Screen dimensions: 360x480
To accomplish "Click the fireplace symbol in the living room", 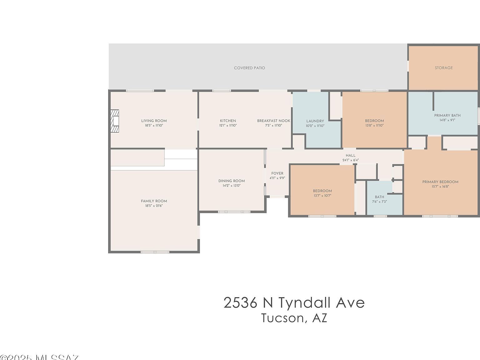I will [115, 121].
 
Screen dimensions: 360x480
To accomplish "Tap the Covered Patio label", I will [249, 68].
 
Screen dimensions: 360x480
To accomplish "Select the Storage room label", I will [443, 68].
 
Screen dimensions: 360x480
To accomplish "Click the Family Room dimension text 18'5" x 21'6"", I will [154, 206].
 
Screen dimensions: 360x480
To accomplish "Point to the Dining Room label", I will [232, 181].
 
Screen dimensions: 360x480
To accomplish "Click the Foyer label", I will [277, 173].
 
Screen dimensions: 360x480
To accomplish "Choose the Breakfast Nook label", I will [273, 121].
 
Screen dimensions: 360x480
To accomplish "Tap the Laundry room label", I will [315, 121].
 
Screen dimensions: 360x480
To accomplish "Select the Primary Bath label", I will [447, 116].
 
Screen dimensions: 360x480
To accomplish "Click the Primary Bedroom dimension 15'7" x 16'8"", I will [440, 187].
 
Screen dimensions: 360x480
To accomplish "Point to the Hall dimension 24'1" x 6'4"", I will [350, 160].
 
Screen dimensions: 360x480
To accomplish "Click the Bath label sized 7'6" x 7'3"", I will [379, 197].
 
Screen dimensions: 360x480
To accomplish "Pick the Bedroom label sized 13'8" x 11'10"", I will [374, 121].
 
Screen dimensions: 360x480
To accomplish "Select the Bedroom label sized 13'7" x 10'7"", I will [322, 191].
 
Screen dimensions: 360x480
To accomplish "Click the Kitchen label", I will [228, 121].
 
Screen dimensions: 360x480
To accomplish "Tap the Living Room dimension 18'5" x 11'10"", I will [154, 126].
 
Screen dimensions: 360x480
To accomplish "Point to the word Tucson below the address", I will [282, 318].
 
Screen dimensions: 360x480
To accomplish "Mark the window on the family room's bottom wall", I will [155, 252].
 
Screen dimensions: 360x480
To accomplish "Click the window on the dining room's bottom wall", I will [234, 212].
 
